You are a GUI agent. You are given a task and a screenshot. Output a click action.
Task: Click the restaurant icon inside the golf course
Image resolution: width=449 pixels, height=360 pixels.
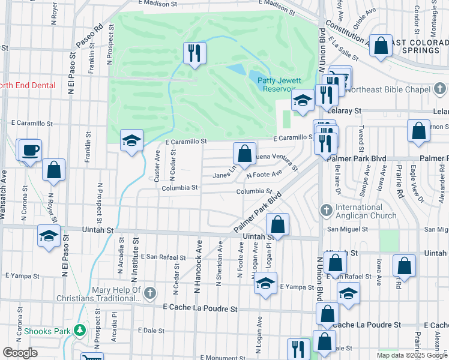point(194,53)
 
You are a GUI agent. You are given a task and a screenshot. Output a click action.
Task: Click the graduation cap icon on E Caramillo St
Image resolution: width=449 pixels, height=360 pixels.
point(131,141)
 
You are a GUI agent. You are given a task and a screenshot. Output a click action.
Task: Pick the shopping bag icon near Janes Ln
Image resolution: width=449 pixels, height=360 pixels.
point(244,154)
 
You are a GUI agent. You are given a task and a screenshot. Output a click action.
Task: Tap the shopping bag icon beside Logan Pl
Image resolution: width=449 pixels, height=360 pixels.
point(277,225)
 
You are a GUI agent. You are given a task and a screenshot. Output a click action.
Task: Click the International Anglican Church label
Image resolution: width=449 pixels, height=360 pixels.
point(366,211)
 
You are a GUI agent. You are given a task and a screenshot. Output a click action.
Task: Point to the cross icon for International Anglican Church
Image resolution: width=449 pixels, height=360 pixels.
point(326,211)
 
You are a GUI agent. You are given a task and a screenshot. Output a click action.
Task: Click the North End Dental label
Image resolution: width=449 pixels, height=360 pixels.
point(27,85)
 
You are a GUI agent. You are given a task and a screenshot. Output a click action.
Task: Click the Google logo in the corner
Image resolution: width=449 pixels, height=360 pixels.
point(20,353)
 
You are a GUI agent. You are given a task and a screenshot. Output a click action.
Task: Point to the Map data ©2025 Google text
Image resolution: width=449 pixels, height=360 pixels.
point(411,355)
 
